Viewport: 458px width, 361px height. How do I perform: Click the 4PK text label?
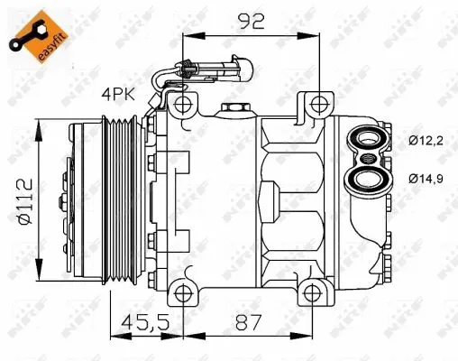[118, 93]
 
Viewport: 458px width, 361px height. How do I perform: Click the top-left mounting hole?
[184, 106]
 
